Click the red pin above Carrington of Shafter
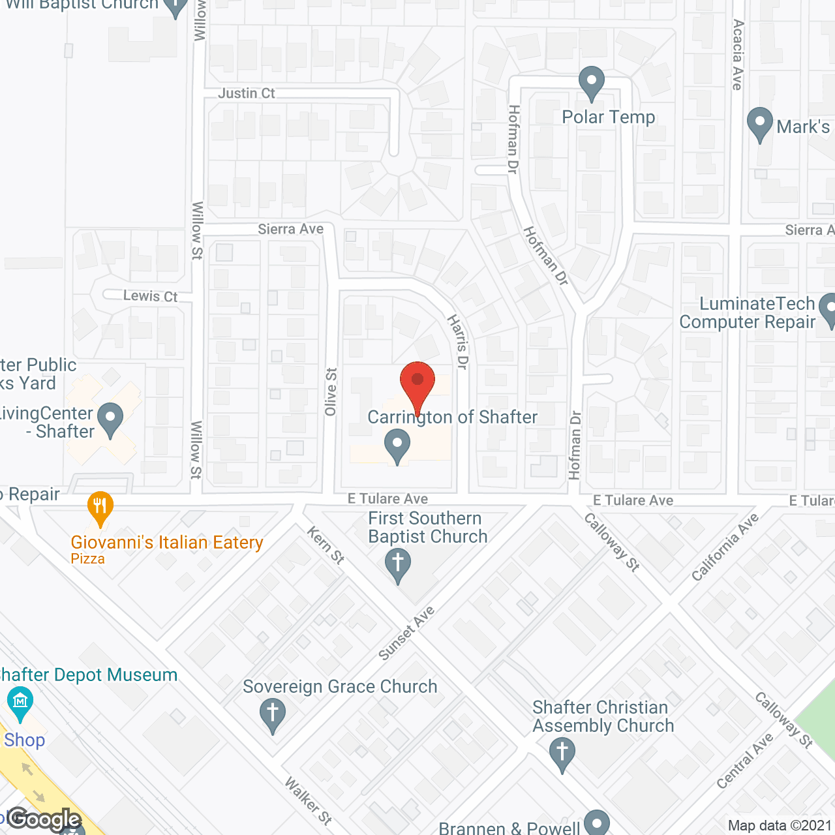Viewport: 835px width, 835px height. (417, 382)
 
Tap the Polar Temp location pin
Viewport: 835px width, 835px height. (592, 83)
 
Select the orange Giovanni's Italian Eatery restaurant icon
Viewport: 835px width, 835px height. (100, 507)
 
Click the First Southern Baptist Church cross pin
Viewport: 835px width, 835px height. (398, 564)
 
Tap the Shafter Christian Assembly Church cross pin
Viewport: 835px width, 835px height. (562, 753)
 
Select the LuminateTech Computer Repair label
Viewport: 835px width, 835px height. (748, 313)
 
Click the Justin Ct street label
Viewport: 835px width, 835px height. (247, 93)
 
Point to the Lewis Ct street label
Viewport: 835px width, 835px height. (151, 296)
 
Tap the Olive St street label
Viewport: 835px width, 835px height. (331, 392)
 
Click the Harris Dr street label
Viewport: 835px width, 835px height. (458, 342)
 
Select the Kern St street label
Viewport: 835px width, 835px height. (326, 545)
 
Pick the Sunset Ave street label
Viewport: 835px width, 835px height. (406, 633)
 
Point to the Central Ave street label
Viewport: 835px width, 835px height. (744, 761)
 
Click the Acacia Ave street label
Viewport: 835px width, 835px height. (738, 54)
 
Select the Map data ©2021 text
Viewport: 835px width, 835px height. (780, 826)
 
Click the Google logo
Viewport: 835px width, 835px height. (44, 819)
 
